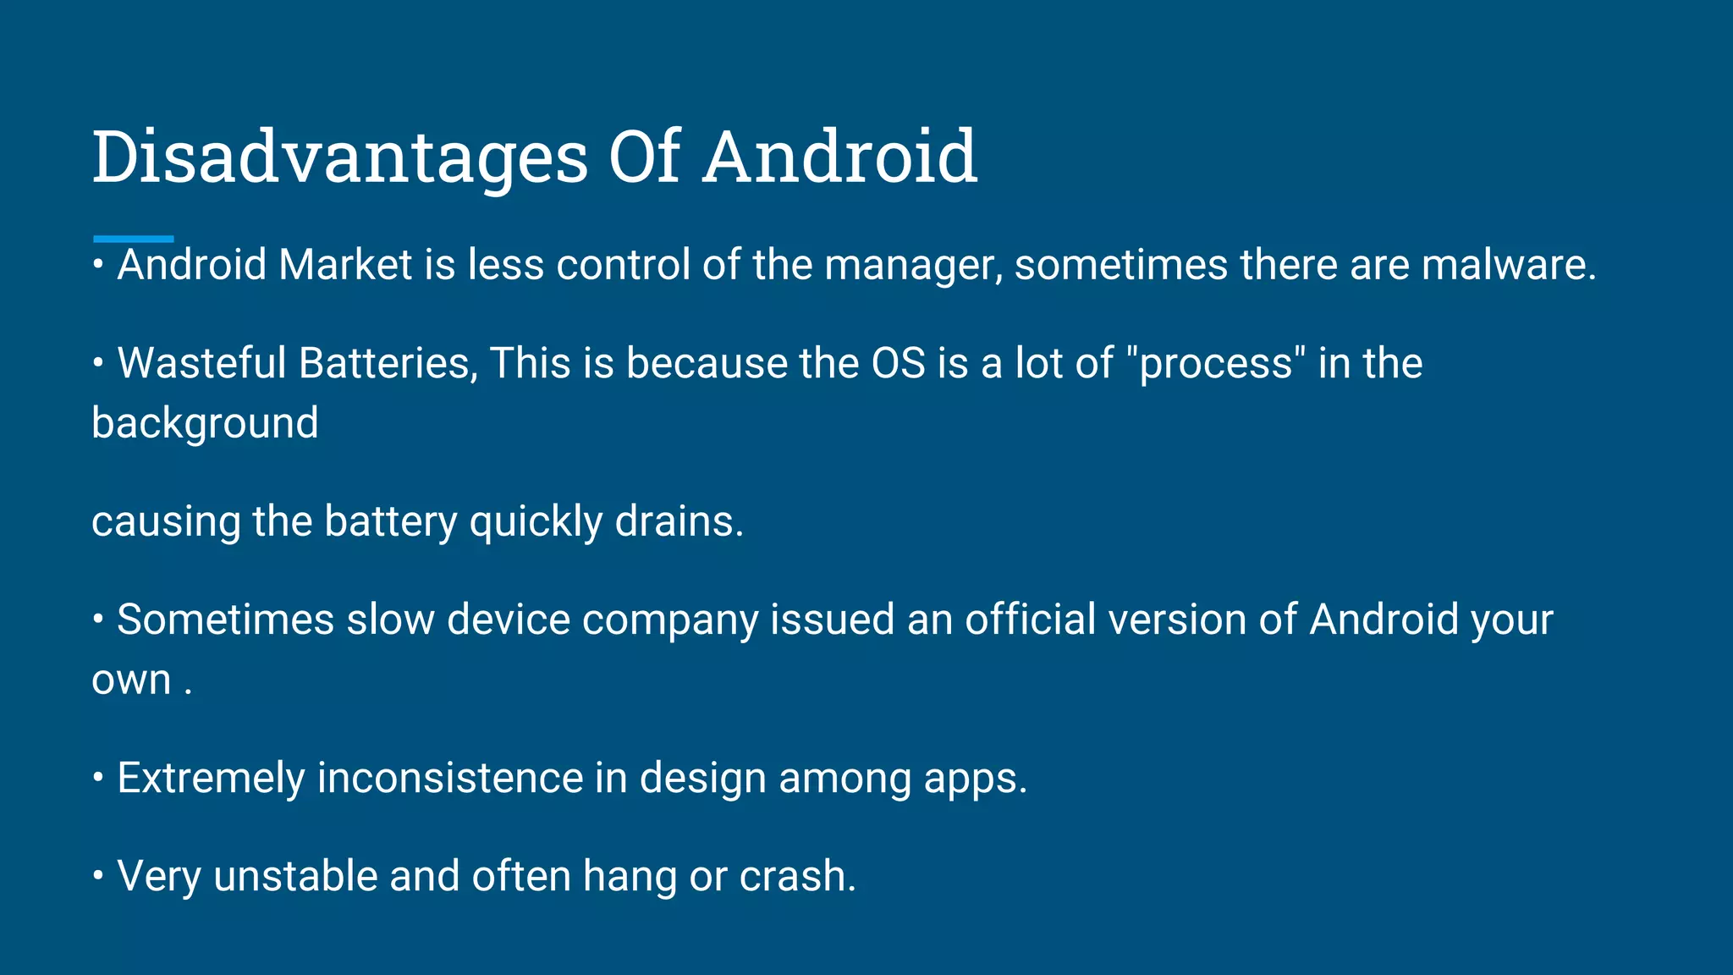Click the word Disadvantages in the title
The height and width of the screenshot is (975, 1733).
[339, 158]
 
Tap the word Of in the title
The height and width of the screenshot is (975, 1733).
[644, 157]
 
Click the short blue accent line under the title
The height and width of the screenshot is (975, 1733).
[133, 240]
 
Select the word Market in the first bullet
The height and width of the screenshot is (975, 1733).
[345, 265]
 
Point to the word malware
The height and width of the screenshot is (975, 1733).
[1508, 265]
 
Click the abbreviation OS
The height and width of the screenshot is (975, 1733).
[899, 363]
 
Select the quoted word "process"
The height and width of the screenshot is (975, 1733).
[1216, 365]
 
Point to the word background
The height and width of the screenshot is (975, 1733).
[205, 423]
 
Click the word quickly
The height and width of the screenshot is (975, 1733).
[536, 522]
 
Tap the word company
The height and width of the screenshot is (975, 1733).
[670, 620]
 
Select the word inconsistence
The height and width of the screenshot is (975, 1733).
[450, 778]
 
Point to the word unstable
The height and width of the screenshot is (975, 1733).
[295, 876]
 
